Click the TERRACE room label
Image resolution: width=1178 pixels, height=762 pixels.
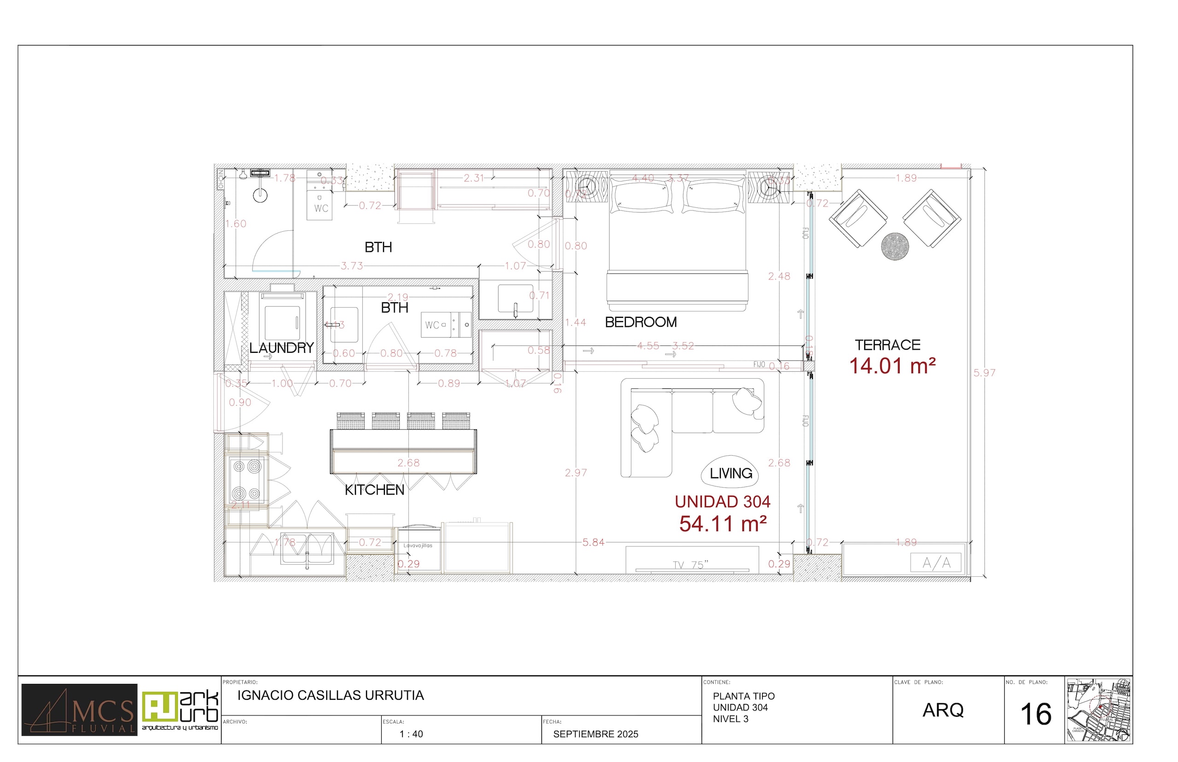(x=888, y=345)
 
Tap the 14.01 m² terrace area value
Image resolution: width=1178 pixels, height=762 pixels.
(x=892, y=366)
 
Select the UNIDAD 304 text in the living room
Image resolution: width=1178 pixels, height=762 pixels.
(x=722, y=502)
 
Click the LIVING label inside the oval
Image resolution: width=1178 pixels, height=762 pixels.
(x=730, y=474)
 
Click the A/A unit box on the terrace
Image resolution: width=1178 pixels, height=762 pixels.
(x=936, y=563)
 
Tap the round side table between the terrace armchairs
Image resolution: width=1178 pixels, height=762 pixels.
(x=895, y=246)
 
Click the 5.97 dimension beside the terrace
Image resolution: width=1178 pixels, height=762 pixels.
(x=984, y=373)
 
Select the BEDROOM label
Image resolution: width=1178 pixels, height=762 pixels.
(x=641, y=322)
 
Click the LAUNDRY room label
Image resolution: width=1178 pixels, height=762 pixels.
(x=281, y=348)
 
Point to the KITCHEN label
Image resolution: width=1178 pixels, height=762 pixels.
(x=374, y=490)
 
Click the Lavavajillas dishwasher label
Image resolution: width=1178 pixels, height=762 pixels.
(x=418, y=545)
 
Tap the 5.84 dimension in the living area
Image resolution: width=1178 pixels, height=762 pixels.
(x=593, y=542)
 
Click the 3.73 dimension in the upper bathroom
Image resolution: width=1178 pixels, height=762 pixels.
(x=352, y=266)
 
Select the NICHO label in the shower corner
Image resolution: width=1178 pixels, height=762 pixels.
(x=220, y=179)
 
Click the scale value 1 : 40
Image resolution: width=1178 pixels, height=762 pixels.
(x=411, y=734)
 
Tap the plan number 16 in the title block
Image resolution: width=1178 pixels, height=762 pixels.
(x=1036, y=715)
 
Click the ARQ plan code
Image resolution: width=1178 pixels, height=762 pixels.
(x=943, y=710)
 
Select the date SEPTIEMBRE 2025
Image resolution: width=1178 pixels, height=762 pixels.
(x=595, y=734)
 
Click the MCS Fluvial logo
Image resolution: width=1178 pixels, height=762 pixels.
(x=79, y=709)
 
